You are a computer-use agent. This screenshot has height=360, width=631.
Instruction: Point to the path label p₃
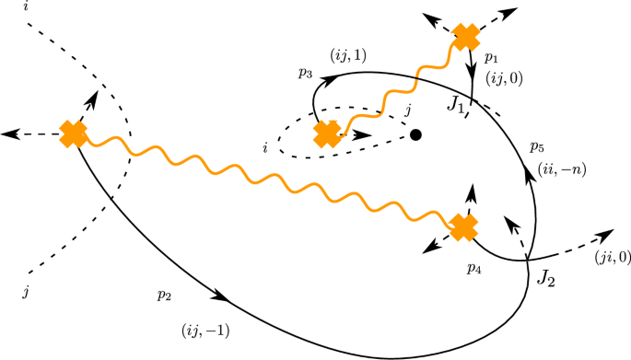coord(305,73)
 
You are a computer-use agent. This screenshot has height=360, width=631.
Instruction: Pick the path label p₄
coord(474,268)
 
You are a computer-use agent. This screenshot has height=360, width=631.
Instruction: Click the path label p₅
coord(538,145)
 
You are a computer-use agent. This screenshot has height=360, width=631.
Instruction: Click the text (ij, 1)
coord(346,55)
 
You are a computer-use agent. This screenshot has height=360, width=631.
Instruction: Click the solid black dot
coord(415,134)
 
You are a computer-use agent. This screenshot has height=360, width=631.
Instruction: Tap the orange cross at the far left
coord(73,134)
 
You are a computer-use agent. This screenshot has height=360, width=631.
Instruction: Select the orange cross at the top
coord(467,38)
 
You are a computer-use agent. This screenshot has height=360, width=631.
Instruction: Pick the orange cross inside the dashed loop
coord(327,134)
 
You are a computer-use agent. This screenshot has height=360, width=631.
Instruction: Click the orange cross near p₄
coord(464,226)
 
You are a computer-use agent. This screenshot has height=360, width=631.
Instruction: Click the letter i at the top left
coord(30,7)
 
